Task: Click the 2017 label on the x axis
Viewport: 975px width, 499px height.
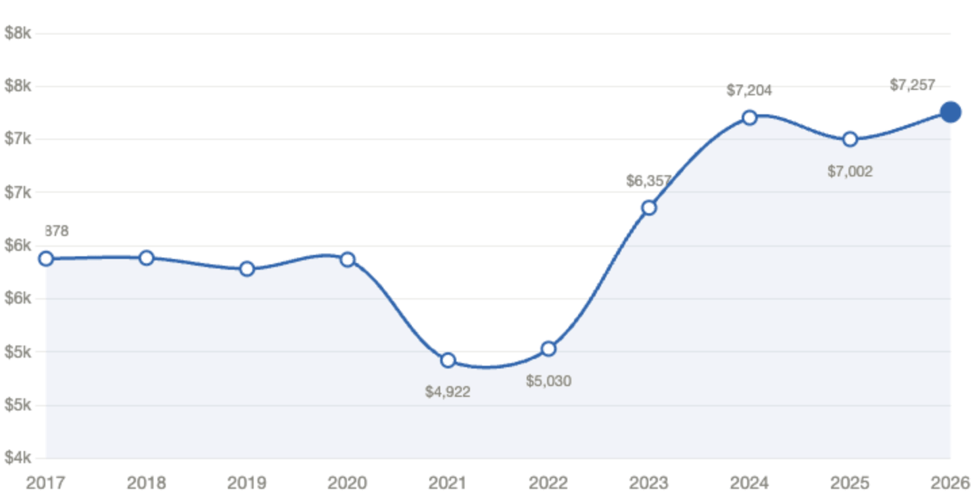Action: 45,482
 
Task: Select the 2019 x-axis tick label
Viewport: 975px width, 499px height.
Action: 247,482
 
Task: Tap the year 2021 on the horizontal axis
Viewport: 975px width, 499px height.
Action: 448,482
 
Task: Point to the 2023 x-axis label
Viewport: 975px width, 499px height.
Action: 648,482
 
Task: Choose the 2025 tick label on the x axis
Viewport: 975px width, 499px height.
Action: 850,482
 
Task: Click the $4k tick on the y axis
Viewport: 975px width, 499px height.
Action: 18,458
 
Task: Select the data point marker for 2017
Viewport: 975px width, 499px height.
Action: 46,258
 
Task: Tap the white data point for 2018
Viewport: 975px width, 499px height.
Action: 147,257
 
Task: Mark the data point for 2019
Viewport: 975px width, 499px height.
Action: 247,268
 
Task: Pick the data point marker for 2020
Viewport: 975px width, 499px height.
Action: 348,258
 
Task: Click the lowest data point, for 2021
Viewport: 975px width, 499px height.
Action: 448,360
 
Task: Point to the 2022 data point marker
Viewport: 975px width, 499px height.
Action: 548,348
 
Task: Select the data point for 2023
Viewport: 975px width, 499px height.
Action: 649,207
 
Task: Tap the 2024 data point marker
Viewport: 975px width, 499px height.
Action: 749,118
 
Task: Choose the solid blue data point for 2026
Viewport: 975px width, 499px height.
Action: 951,111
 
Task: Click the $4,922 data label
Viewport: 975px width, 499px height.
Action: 448,391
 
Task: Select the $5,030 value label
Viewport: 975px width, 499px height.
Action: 548,381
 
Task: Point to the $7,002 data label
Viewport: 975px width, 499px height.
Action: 850,172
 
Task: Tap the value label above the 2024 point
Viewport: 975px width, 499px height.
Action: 749,90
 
